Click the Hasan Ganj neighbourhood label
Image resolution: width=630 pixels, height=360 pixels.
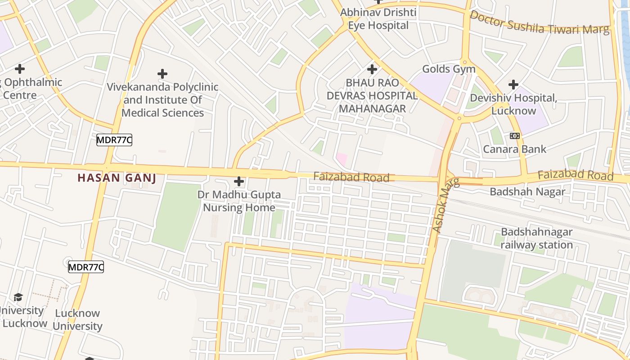[x=117, y=178]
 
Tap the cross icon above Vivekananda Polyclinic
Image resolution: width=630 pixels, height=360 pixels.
[x=162, y=73]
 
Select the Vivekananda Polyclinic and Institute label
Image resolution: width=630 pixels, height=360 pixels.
[x=162, y=100]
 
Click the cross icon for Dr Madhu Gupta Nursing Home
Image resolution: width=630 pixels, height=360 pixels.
[x=239, y=181]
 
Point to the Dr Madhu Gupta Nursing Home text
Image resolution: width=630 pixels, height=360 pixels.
[x=239, y=201]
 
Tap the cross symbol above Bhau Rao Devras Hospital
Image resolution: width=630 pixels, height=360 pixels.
[x=372, y=69]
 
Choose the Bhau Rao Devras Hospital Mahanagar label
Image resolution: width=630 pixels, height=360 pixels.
[x=378, y=96]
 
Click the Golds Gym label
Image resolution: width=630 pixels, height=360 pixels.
[x=449, y=69]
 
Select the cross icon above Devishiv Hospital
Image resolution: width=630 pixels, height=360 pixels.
[x=513, y=84]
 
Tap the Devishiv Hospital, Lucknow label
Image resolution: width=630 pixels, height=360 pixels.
[x=513, y=104]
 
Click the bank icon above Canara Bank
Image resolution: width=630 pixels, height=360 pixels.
[x=515, y=135]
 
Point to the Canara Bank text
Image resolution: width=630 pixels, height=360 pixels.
[x=515, y=149]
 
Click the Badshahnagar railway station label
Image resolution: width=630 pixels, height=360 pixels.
[x=536, y=238]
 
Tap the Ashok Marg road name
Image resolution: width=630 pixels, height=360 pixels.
[x=446, y=205]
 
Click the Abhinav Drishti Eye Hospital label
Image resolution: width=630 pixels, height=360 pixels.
[x=378, y=19]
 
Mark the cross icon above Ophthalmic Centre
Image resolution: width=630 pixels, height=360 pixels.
[x=19, y=69]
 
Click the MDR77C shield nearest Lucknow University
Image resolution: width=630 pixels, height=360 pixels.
[x=86, y=267]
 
